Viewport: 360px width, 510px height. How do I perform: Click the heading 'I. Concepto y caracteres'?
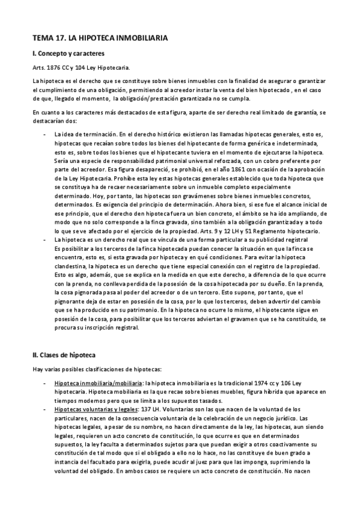pos(69,54)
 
